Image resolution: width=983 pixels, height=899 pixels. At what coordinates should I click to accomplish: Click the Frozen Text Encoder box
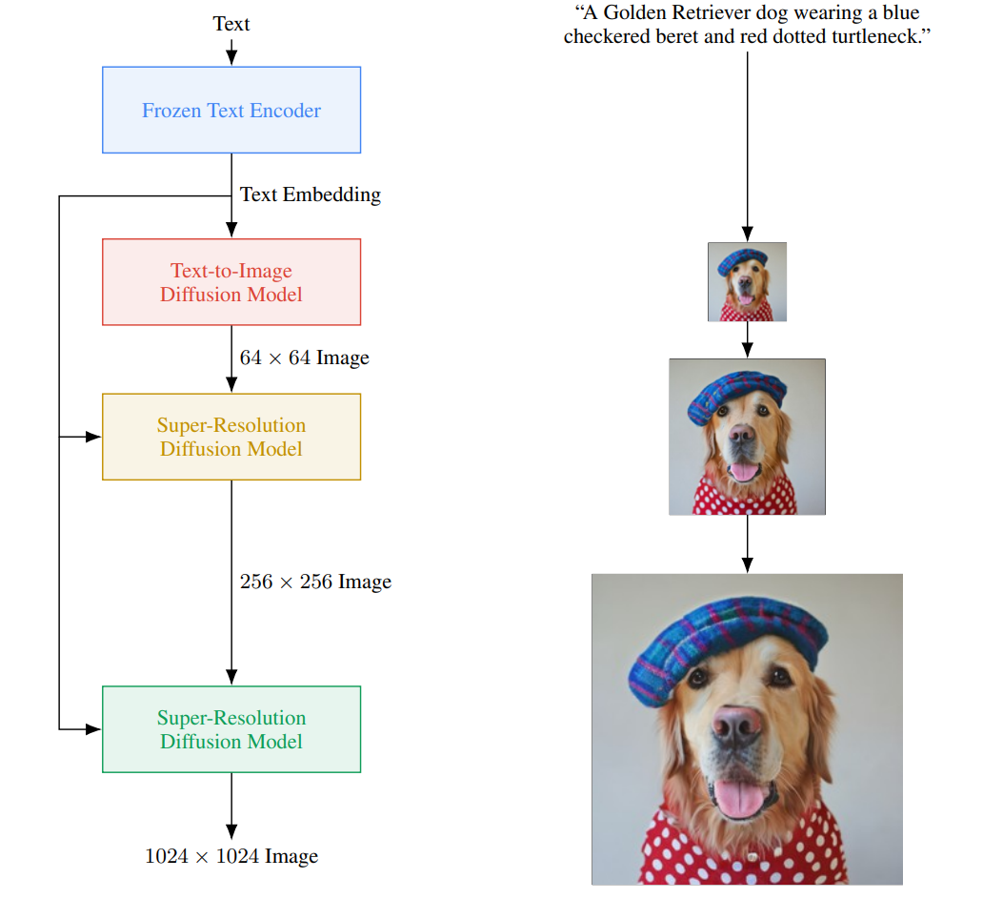(231, 110)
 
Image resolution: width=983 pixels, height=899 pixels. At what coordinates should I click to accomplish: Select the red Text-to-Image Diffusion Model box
(231, 282)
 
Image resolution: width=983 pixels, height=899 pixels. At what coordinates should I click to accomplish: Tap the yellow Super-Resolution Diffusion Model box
(231, 437)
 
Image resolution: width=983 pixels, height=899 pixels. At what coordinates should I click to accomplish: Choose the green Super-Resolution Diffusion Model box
(231, 729)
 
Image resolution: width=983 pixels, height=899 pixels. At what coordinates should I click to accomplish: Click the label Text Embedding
(311, 194)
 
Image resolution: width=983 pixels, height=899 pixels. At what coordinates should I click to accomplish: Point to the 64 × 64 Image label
(304, 358)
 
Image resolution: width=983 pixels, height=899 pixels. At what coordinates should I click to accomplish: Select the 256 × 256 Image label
(315, 582)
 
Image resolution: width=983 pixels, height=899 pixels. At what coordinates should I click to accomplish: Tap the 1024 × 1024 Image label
(231, 856)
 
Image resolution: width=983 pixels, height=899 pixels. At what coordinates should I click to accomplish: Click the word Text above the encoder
(231, 24)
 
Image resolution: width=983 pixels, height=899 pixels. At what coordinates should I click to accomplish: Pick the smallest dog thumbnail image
(747, 281)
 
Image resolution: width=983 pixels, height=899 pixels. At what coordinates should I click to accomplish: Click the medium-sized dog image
(747, 437)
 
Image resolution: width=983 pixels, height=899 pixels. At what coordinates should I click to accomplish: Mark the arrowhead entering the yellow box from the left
(93, 437)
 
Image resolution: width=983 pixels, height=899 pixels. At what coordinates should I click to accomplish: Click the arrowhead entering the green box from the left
(93, 729)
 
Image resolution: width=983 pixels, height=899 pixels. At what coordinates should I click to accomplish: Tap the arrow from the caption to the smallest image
(747, 143)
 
